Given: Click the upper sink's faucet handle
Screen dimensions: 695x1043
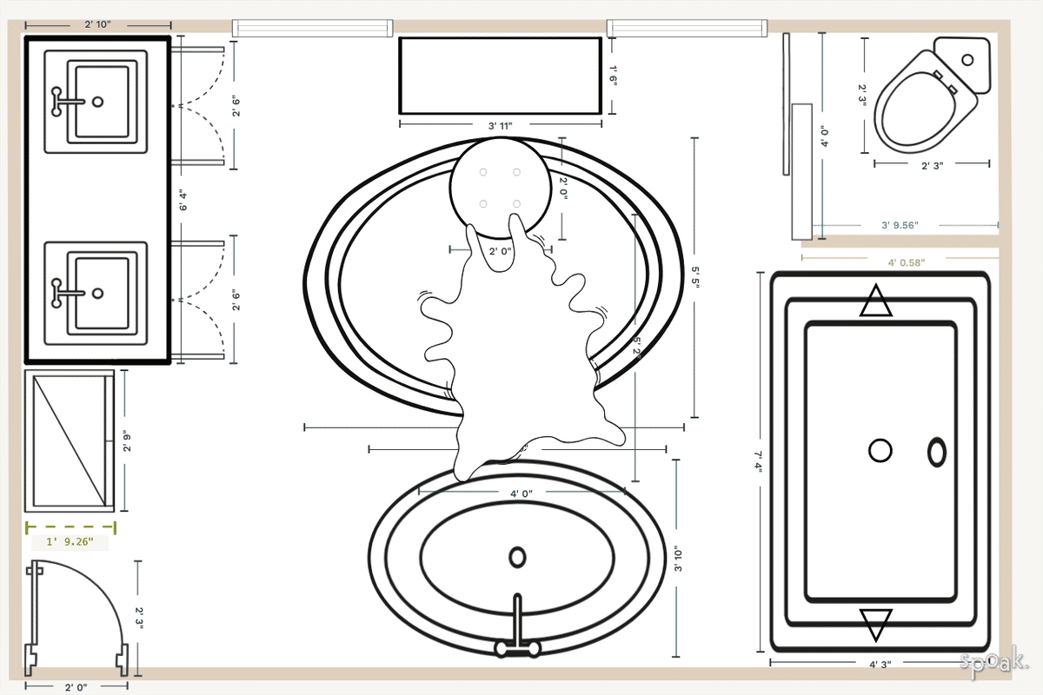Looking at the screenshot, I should coord(59,101).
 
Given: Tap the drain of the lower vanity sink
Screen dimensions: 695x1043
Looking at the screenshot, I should coord(97,285).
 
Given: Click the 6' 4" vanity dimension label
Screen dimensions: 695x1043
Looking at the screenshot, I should coord(183,201).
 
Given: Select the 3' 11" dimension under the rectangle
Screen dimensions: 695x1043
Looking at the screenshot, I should coord(500,126).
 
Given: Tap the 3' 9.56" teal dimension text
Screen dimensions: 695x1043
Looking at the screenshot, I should coord(900,225).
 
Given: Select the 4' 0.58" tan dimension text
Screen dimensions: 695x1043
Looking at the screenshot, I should coord(907,261).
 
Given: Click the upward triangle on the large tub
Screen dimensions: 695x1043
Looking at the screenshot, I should coord(875,301).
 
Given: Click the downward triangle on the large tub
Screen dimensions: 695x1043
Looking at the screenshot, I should coord(875,624).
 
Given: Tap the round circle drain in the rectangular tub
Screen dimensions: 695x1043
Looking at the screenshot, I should coord(880,451).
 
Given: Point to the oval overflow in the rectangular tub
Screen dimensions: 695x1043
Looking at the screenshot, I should coord(937,452).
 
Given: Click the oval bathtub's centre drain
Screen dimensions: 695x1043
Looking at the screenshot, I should coord(517,557).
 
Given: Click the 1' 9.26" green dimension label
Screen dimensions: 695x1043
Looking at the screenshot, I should coord(69,543).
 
